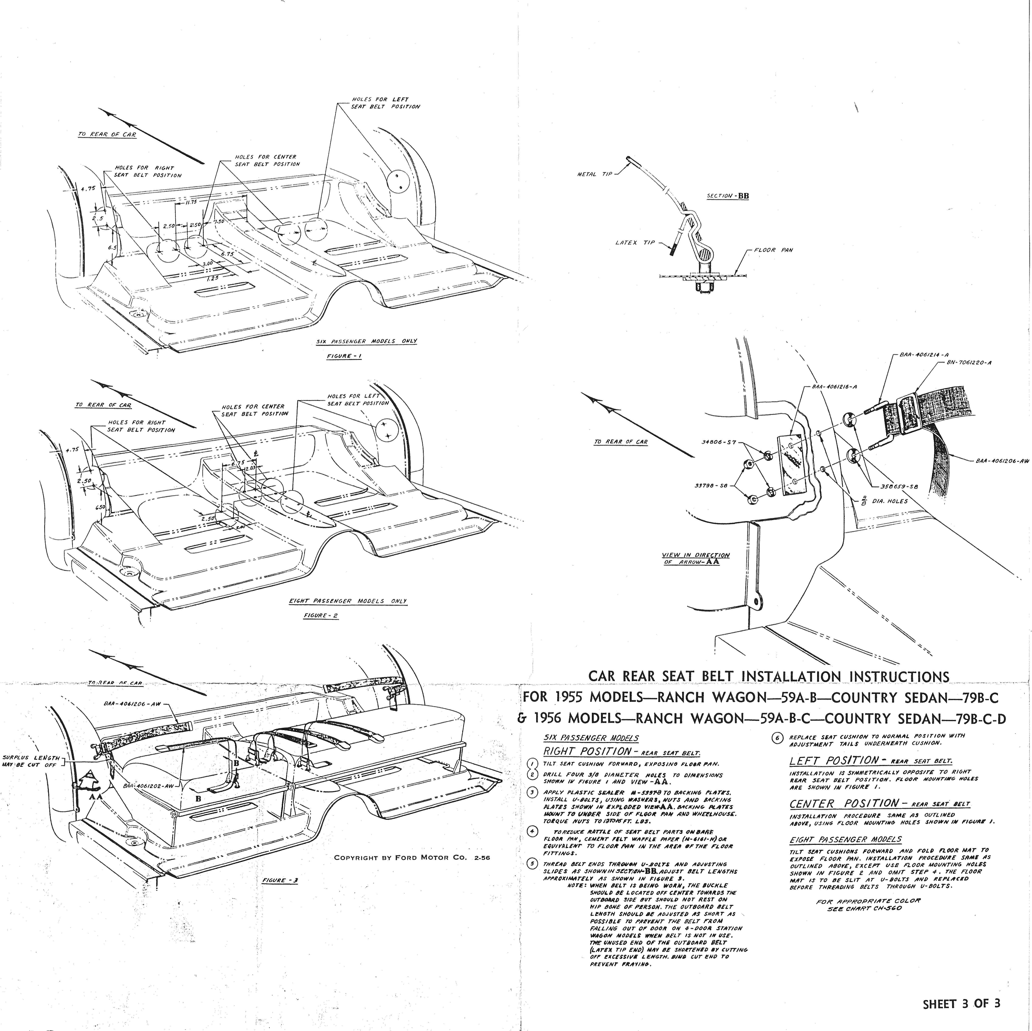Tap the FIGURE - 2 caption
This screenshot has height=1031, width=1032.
320,615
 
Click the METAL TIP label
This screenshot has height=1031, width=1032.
594,174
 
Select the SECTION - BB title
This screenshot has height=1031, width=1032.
727,196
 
